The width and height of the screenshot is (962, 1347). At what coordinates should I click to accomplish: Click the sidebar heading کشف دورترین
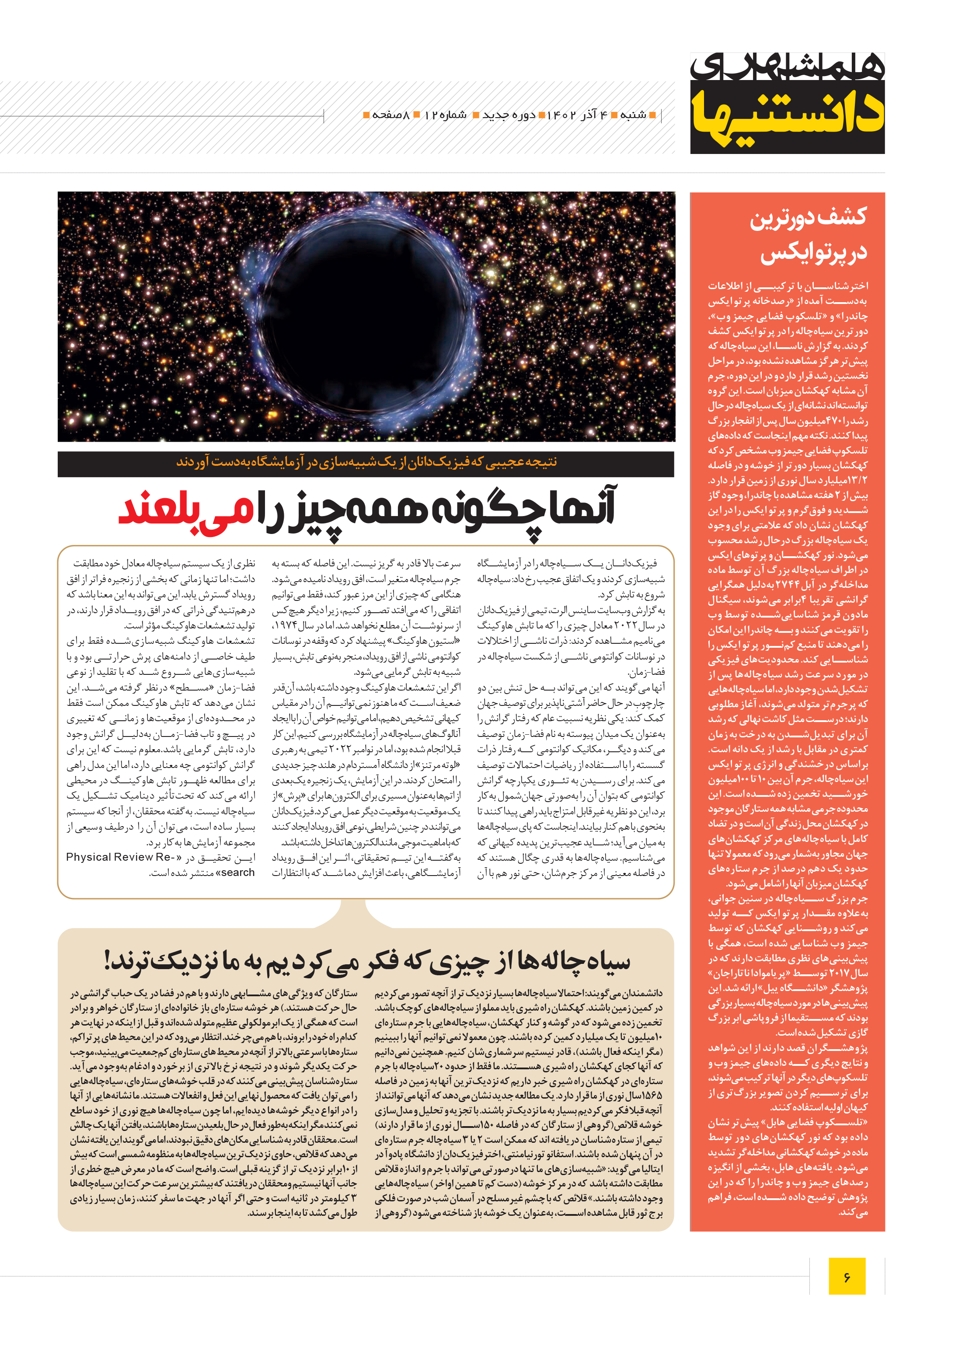click(808, 217)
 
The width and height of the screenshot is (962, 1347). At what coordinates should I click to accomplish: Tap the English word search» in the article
click(237, 872)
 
